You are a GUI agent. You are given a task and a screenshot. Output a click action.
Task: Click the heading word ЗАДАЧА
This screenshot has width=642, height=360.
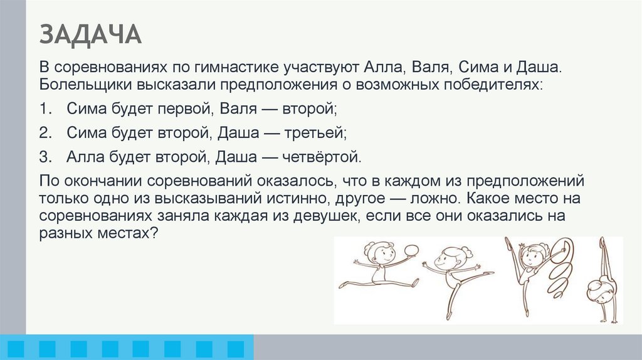pos(91,34)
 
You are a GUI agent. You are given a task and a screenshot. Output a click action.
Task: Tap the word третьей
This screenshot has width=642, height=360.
pos(316,132)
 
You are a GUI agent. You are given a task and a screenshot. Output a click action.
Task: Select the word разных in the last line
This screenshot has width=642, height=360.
pos(68,232)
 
